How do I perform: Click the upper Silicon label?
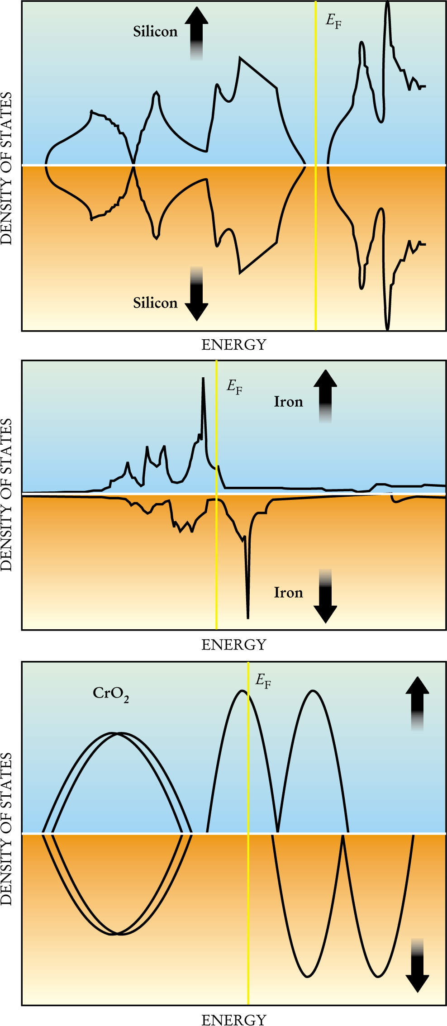tap(155, 32)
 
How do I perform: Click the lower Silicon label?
tap(155, 303)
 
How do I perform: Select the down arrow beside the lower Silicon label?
tap(196, 294)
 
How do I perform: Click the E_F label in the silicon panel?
tap(333, 21)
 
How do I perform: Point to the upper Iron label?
tap(288, 402)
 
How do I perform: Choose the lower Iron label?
tap(288, 593)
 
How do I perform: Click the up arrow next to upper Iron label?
tap(325, 395)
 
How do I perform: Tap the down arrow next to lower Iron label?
tap(325, 596)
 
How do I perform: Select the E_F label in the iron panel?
tap(234, 387)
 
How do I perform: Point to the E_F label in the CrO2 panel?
tap(263, 680)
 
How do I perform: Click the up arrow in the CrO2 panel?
tap(417, 703)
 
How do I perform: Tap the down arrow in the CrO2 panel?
tap(417, 966)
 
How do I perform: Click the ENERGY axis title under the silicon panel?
tap(234, 345)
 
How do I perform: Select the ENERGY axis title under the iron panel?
tap(234, 645)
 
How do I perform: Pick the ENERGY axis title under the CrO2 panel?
tap(234, 1020)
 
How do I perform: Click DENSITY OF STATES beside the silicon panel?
tap(6, 168)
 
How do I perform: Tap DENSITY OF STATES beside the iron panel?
tap(6, 494)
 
